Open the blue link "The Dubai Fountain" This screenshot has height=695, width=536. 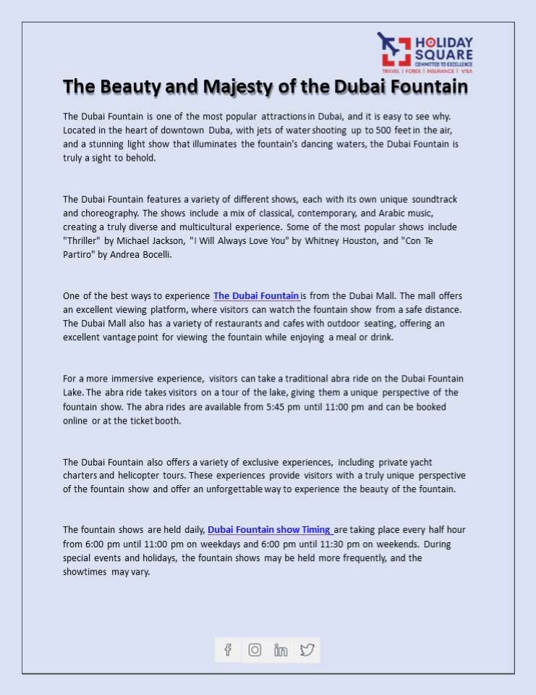pos(256,296)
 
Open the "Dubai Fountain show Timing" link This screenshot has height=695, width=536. pos(269,530)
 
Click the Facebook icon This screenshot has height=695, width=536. pos(228,649)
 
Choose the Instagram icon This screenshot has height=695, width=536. pos(255,649)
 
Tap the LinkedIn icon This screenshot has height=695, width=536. pos(281,649)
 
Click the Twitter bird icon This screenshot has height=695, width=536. pos(307,649)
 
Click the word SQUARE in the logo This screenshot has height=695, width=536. pos(443,55)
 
